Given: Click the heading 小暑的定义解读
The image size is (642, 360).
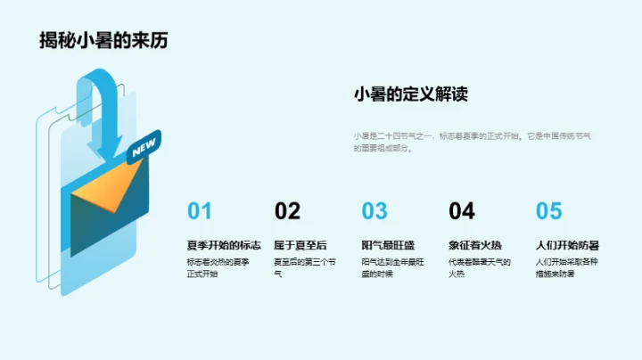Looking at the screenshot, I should (x=411, y=95).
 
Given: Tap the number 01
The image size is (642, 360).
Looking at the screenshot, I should (x=200, y=211).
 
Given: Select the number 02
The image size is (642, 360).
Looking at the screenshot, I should (x=287, y=211).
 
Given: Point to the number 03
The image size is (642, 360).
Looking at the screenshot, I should (x=374, y=211).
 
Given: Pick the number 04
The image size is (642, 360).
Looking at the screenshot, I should (x=462, y=211).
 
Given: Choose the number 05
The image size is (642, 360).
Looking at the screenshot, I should (x=549, y=211).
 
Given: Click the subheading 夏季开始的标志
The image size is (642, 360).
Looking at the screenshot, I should (x=224, y=244).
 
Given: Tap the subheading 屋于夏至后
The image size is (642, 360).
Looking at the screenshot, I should (x=300, y=244).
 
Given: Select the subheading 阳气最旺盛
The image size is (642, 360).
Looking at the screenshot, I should (x=388, y=244).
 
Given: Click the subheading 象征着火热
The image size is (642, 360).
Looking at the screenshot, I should (x=475, y=244).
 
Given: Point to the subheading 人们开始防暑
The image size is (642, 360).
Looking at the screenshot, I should (x=567, y=244).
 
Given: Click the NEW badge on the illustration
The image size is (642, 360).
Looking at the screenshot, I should (x=143, y=149).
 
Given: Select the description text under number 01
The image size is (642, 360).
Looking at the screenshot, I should (x=218, y=267).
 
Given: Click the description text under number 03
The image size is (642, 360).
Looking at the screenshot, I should (x=392, y=267).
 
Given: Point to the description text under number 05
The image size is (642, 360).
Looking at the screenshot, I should (x=567, y=267).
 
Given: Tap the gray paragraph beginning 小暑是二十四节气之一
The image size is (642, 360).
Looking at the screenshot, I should (x=472, y=142).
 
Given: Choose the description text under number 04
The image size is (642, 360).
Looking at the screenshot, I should (x=480, y=267).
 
